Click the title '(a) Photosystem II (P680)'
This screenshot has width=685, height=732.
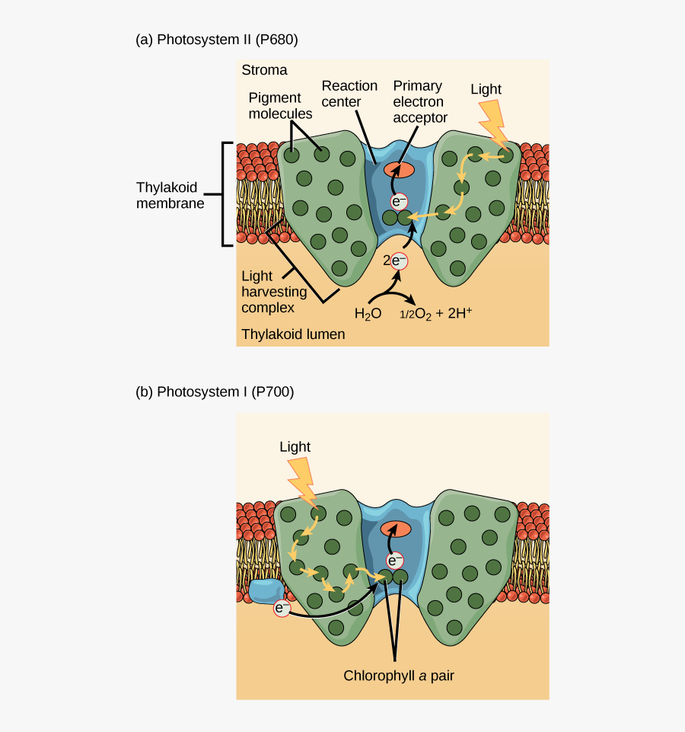point(216,40)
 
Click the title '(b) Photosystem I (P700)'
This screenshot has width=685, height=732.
point(215,392)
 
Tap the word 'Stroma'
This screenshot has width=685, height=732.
point(264,70)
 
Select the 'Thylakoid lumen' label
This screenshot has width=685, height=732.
point(293,334)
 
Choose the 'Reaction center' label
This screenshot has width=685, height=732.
point(349,94)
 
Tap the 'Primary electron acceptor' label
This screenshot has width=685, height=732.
point(419,101)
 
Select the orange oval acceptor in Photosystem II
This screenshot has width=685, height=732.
point(399,169)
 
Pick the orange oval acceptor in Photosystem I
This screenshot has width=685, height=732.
point(395,529)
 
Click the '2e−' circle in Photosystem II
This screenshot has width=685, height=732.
point(397,261)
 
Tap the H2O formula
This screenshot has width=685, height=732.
point(367,313)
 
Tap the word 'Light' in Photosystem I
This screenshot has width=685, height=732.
point(295,447)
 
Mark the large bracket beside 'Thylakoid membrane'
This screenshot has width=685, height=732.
point(225,194)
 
